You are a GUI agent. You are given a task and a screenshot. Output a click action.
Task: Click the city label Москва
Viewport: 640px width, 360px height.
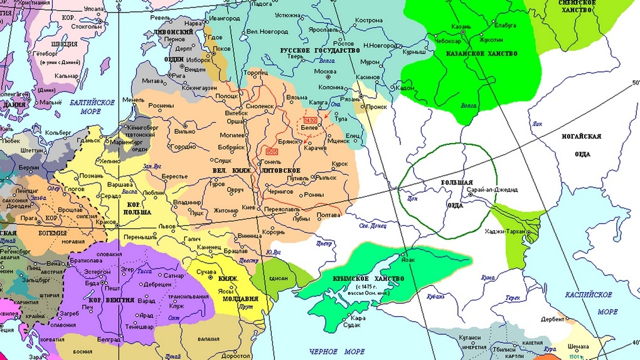click(324, 71)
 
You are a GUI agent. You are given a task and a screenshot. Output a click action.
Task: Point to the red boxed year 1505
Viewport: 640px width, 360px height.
click(272, 152)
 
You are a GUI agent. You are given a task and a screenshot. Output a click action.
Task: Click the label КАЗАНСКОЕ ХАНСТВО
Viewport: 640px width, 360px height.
click(481, 54)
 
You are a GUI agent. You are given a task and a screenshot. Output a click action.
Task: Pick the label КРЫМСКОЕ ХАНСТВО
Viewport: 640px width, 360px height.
click(368, 278)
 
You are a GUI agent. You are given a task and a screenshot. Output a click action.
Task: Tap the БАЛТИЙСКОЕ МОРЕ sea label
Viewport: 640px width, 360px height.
click(93, 107)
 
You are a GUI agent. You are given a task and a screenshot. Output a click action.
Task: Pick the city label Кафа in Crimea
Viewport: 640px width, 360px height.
click(358, 319)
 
